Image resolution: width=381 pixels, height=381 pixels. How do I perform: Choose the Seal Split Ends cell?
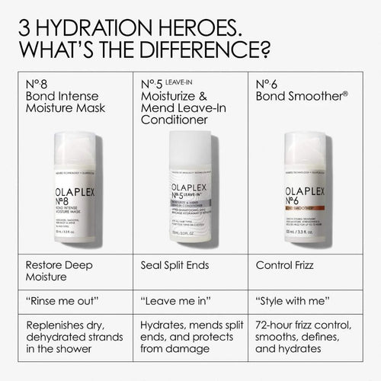coord(174,266)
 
